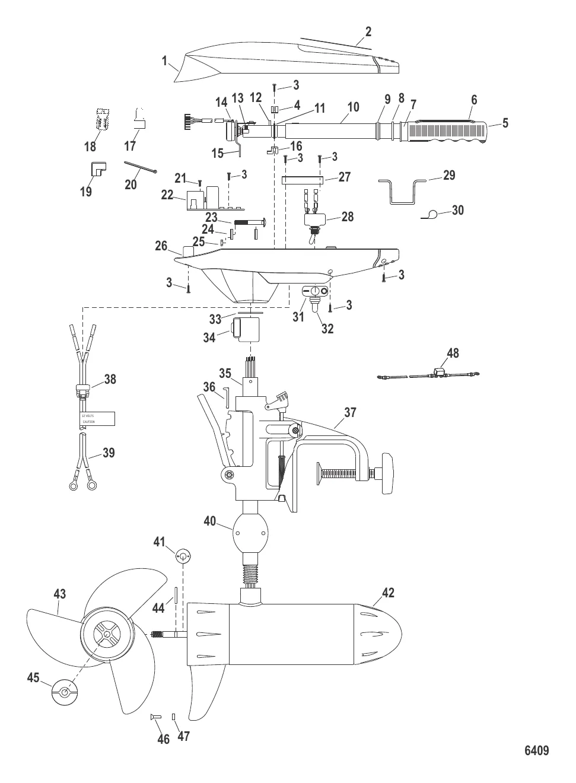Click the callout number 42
point(387,593)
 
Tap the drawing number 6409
point(536,750)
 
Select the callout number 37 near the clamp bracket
point(350,412)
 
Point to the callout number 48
point(453,354)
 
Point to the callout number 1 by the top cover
point(164,61)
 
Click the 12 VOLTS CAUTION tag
point(97,418)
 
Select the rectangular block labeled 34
point(248,330)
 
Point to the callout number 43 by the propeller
point(59,594)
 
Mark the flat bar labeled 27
point(302,180)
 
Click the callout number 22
point(167,195)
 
